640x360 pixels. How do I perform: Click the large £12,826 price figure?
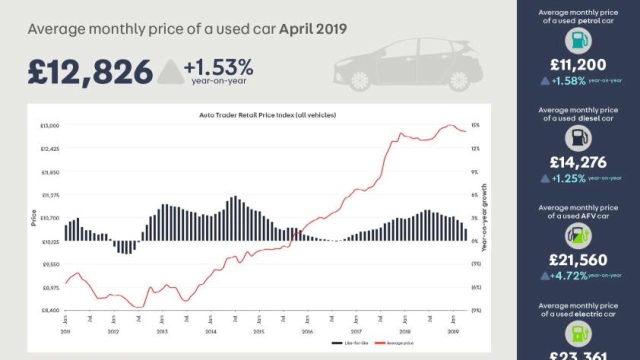pyautogui.click(x=90, y=72)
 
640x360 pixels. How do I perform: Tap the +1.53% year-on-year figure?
pyautogui.click(x=218, y=67)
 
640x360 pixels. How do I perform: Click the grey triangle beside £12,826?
pyautogui.click(x=170, y=72)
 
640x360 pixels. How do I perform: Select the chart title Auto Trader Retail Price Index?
pyautogui.click(x=267, y=115)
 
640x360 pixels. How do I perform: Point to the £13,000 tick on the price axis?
pyautogui.click(x=50, y=125)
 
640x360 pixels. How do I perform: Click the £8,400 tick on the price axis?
pyautogui.click(x=50, y=310)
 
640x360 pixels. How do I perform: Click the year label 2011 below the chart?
pyautogui.click(x=65, y=332)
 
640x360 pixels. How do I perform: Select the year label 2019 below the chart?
pyautogui.click(x=453, y=332)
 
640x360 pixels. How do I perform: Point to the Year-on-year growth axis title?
pyautogui.click(x=484, y=217)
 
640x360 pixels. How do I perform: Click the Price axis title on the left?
pyautogui.click(x=34, y=217)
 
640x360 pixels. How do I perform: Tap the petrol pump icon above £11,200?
pyautogui.click(x=578, y=41)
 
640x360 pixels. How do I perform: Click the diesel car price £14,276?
pyautogui.click(x=578, y=162)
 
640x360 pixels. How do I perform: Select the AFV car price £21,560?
pyautogui.click(x=578, y=260)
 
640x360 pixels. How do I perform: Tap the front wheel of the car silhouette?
pyautogui.click(x=359, y=80)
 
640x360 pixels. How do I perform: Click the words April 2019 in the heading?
pyautogui.click(x=313, y=29)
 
